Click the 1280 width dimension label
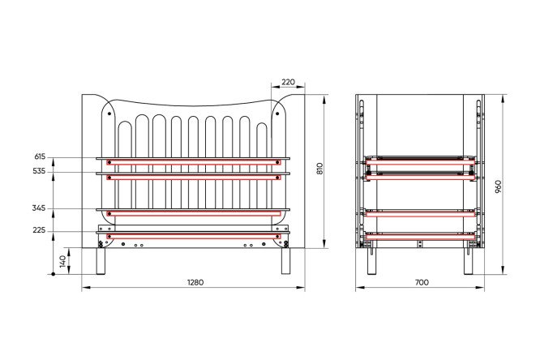click(195, 282)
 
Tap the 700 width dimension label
click(422, 282)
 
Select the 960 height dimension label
click(499, 186)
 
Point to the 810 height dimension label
click(320, 169)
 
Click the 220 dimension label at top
click(289, 82)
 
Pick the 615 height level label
click(40, 156)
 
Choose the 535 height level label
click(39, 171)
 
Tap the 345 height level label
click(39, 208)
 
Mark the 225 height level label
click(39, 230)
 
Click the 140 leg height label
click(62, 261)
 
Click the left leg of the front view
click(101, 261)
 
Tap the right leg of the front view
click(286, 261)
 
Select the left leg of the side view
click(372, 261)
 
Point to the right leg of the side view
click(468, 261)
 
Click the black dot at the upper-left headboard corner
click(109, 114)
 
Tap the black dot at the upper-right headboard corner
click(277, 114)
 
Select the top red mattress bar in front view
click(194, 162)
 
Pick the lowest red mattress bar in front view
click(194, 236)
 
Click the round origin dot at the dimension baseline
click(53, 274)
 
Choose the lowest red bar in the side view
click(420, 236)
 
